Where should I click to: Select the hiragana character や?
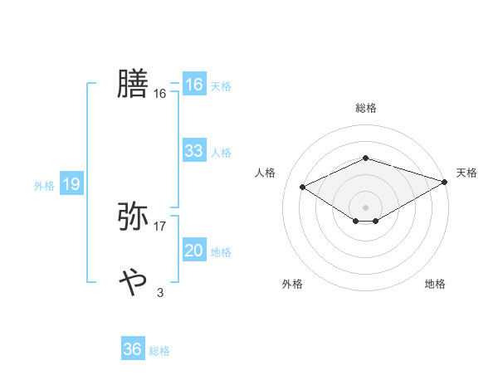133,282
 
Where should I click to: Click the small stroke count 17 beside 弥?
160,226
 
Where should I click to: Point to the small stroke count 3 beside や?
160,292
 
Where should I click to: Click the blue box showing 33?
193,151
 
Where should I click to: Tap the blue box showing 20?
193,251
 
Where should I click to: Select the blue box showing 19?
71,184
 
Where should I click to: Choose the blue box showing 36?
132,349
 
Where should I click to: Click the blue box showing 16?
193,85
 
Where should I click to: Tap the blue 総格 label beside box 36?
159,351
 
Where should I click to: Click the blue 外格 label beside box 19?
44,186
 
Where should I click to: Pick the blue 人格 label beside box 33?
221,153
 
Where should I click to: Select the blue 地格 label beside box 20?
221,252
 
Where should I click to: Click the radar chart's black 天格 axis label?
466,173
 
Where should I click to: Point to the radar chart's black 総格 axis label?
365,108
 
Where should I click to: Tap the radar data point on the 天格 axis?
445,181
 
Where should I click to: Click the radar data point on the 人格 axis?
302,186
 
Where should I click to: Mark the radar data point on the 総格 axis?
365,158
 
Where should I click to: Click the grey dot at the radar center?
365,207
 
